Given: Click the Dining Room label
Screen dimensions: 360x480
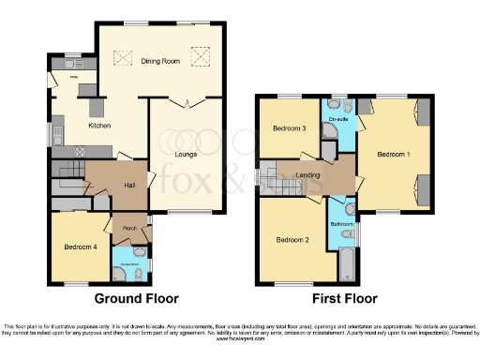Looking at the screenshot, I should (x=159, y=61).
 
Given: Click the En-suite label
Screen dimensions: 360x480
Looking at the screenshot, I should (x=337, y=119).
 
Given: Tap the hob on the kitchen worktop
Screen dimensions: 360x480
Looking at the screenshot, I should (x=78, y=150).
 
